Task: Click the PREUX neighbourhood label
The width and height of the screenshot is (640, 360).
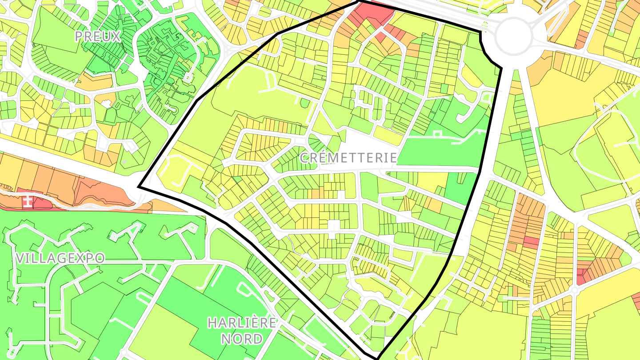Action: [x=98, y=36]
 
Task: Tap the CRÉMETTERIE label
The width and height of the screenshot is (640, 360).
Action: [x=348, y=157]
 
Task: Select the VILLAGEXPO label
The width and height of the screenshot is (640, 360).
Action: [x=60, y=258]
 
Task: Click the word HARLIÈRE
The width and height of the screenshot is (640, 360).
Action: [x=242, y=323]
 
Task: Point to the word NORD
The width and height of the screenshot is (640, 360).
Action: [x=242, y=339]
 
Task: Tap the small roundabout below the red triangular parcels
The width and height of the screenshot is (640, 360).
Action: [x=574, y=290]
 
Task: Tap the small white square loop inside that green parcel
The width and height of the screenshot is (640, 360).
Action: [x=436, y=134]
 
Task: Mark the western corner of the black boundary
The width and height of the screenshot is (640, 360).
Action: [x=139, y=187]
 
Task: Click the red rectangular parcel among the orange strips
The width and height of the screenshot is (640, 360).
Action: [x=531, y=242]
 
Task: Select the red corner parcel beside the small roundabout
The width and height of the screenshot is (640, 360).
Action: [x=583, y=276]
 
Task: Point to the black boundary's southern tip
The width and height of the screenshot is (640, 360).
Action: [x=377, y=357]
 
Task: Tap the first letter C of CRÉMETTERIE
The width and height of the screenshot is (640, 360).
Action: [x=305, y=158]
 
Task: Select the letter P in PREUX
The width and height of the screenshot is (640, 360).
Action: [x=79, y=36]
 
